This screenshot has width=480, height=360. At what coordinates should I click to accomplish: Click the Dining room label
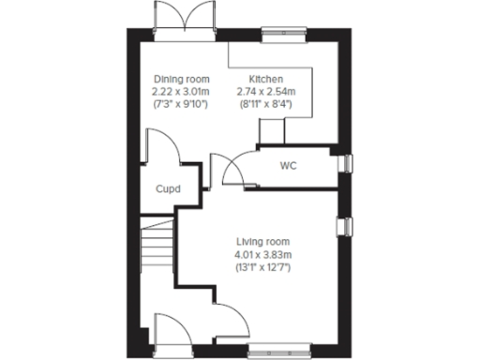click(x=181, y=79)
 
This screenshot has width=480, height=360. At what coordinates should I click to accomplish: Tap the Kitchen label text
click(x=267, y=79)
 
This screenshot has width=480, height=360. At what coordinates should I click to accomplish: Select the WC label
click(x=288, y=167)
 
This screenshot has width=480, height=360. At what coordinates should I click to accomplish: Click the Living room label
click(x=263, y=242)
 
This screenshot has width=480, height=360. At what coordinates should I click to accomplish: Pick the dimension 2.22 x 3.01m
click(x=181, y=91)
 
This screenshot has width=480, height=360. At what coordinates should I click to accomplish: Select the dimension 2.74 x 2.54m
click(x=267, y=91)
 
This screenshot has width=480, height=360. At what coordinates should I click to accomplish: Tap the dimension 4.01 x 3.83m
click(x=263, y=254)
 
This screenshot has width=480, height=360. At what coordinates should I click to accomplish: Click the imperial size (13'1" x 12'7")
click(x=263, y=266)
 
